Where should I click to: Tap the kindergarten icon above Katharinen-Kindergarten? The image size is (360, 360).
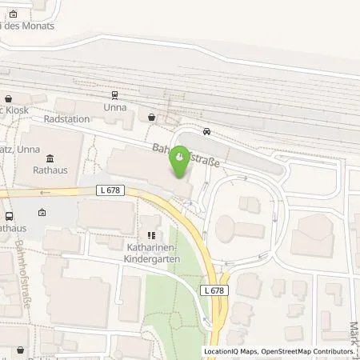150,235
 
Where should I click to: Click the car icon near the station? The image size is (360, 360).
207,132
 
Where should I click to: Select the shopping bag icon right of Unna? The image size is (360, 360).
152,117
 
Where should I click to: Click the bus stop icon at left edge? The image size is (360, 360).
9,216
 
